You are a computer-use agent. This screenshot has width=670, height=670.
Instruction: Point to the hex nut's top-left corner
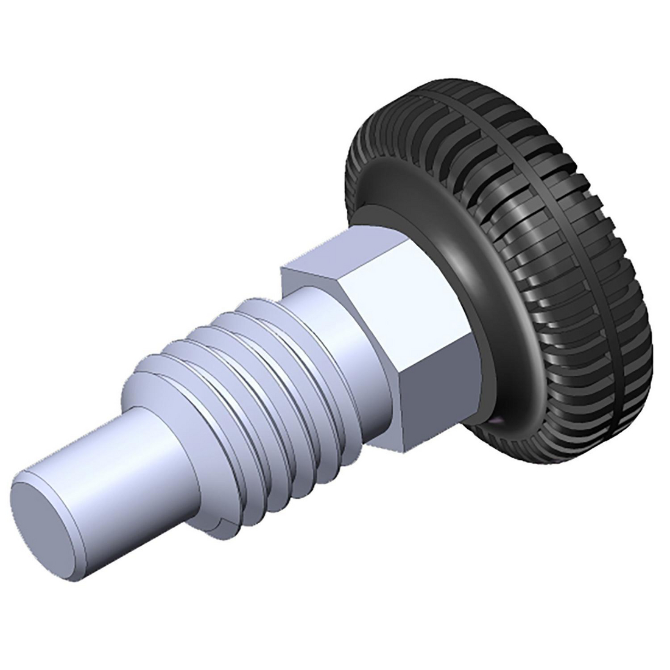tap(281, 266)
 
